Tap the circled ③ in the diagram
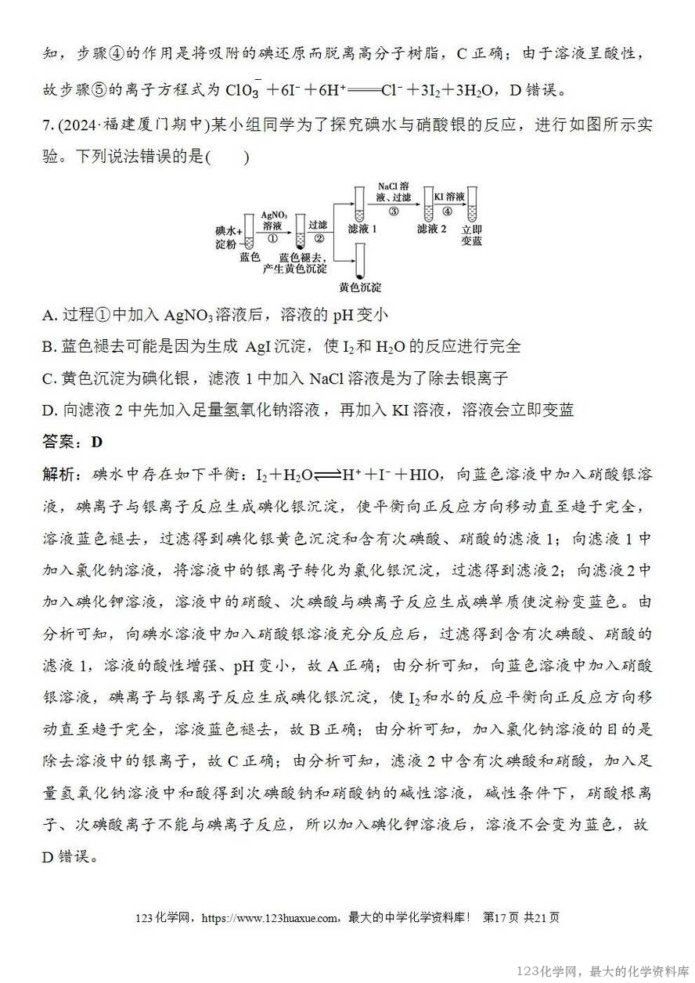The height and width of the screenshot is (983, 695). (393, 211)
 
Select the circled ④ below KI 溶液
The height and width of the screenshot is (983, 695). (447, 211)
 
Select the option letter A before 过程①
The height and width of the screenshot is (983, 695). (49, 315)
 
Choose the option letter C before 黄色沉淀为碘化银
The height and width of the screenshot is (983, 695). (49, 378)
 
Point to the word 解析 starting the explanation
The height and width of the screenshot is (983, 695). (59, 474)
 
